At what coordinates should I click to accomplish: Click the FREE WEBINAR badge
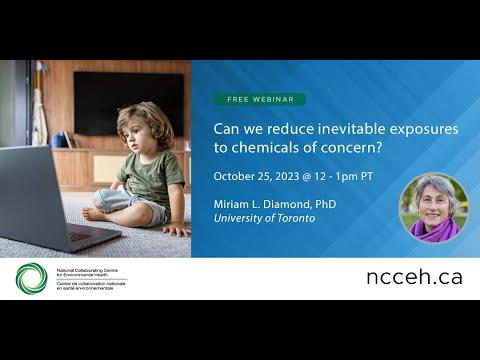point(258,100)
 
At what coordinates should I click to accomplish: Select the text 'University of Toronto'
point(265,219)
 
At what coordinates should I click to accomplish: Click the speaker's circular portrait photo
point(433,208)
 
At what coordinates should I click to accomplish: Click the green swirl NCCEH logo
point(31,278)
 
